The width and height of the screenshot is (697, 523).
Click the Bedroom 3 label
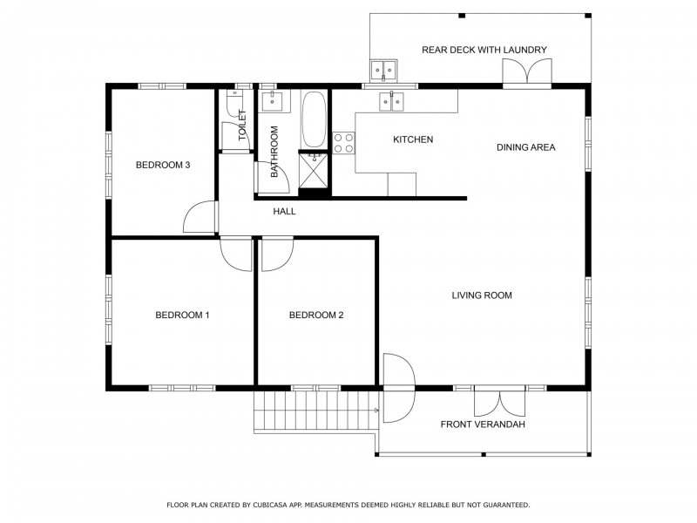163,165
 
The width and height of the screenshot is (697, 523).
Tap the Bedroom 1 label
182,316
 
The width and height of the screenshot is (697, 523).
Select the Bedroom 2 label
316,316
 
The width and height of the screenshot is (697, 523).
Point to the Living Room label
482,295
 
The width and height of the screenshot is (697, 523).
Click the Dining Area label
526,147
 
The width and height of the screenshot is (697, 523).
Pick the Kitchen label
413,139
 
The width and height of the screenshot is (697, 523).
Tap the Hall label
285,211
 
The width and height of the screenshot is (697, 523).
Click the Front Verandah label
483,425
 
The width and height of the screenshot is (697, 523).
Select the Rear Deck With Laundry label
484,50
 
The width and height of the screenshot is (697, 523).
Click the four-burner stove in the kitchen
343,143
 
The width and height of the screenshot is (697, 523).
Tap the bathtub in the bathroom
314,119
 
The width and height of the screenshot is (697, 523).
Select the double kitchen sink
391,102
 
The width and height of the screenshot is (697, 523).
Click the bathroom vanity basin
272,102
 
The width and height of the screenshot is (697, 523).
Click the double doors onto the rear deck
527,71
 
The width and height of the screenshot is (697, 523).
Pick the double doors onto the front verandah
500,402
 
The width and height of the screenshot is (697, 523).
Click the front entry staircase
316,411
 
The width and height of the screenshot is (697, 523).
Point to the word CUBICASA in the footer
270,505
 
